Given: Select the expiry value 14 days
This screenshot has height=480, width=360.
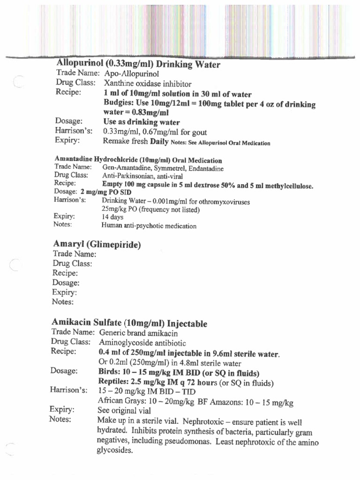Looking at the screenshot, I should [112, 217].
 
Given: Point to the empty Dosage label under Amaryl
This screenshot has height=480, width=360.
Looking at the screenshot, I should [66, 283].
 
